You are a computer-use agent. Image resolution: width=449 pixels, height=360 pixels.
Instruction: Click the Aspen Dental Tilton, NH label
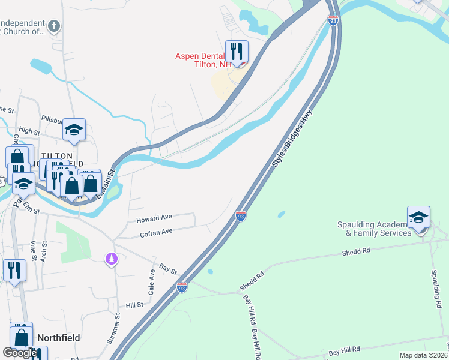click(203, 60)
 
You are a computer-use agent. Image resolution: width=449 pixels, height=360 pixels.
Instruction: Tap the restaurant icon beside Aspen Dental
click(237, 52)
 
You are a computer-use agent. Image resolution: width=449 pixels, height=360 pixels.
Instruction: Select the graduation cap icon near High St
click(74, 130)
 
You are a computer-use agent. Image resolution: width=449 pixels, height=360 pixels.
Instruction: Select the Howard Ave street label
click(154, 217)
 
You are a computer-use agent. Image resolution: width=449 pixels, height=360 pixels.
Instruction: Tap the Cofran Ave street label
click(156, 231)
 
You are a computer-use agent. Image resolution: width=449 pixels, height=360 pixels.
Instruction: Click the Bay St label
click(168, 268)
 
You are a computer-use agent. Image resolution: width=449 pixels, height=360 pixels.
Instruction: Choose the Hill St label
click(134, 305)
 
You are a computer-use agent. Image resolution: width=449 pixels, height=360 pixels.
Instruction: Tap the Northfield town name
click(58, 338)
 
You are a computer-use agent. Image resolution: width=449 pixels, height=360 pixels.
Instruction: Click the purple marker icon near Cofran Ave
click(110, 259)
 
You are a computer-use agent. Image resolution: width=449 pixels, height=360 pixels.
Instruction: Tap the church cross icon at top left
click(54, 26)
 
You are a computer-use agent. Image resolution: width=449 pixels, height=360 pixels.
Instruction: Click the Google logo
click(20, 353)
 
